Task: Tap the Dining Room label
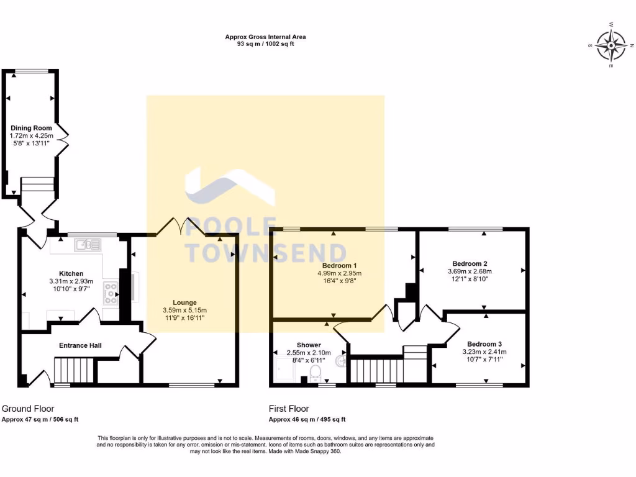pyautogui.click(x=31, y=128)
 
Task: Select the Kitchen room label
pyautogui.click(x=71, y=273)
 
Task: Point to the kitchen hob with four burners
pyautogui.click(x=111, y=293)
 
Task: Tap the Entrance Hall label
pyautogui.click(x=80, y=345)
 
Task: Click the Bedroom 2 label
pyautogui.click(x=469, y=263)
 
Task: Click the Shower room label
pyautogui.click(x=309, y=345)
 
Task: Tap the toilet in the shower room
pyautogui.click(x=315, y=373)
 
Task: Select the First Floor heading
pyautogui.click(x=289, y=409)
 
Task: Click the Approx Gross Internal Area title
pyautogui.click(x=265, y=37)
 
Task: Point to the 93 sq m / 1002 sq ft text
pyautogui.click(x=265, y=45)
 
